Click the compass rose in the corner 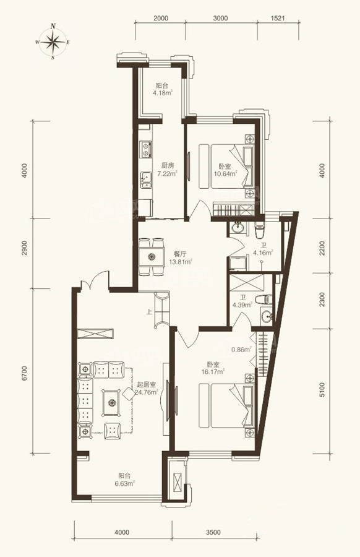53,42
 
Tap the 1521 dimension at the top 278,18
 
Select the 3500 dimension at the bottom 213,532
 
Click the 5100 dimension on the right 322,390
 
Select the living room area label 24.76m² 146,392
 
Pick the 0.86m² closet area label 241,350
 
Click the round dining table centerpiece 152,256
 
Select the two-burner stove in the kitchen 145,149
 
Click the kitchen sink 145,180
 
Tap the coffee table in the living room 112,402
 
